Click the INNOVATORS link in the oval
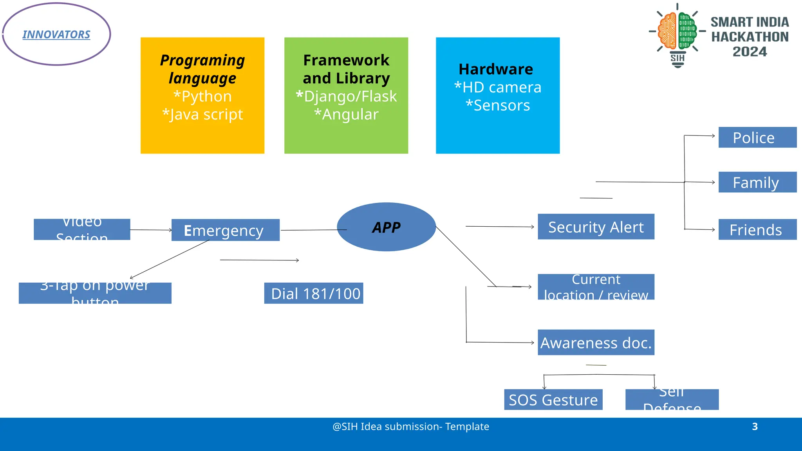pyautogui.click(x=56, y=34)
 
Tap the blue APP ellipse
pyautogui.click(x=386, y=227)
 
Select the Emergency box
pyautogui.click(x=225, y=230)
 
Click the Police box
pyautogui.click(x=757, y=137)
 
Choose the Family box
pyautogui.click(x=757, y=182)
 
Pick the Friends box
pyautogui.click(x=757, y=229)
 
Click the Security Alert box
pyautogui.click(x=596, y=227)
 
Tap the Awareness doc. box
pyautogui.click(x=596, y=342)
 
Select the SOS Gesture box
pyautogui.click(x=553, y=399)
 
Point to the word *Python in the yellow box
pyautogui.click(x=202, y=96)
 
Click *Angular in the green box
pyautogui.click(x=346, y=114)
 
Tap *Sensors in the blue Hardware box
pyautogui.click(x=498, y=105)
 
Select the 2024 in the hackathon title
pyautogui.click(x=750, y=52)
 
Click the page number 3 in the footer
pyautogui.click(x=755, y=426)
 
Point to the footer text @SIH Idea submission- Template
pyautogui.click(x=410, y=426)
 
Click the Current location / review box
pyautogui.click(x=596, y=287)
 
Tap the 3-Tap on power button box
pyautogui.click(x=95, y=293)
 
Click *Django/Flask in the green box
pyautogui.click(x=346, y=96)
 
